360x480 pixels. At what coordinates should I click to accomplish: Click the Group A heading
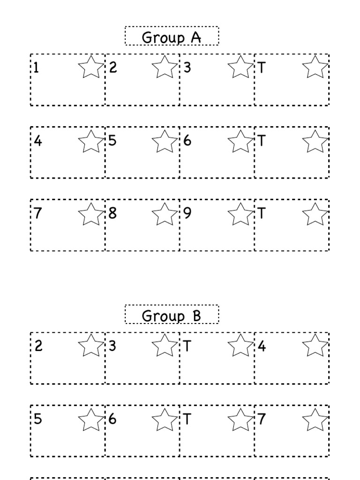172,37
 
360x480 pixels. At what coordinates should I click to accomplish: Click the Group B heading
172,315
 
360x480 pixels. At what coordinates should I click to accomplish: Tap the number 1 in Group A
36,68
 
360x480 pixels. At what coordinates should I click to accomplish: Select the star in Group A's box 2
165,67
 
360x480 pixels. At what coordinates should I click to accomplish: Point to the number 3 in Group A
187,68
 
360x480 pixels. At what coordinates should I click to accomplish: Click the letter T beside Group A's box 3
262,68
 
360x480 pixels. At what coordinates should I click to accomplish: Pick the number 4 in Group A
38,141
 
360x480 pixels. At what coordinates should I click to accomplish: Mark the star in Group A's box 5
165,141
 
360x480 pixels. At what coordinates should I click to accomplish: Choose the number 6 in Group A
187,141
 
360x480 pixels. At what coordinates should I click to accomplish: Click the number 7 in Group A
38,213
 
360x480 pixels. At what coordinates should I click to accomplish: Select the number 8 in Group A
112,213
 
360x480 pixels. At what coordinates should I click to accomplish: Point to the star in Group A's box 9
240,213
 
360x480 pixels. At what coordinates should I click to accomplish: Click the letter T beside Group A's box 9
262,213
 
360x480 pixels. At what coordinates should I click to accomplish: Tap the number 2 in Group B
38,346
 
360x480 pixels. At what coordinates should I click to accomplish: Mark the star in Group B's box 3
165,345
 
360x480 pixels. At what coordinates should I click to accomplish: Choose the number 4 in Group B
262,346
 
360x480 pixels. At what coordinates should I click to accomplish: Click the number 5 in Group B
38,419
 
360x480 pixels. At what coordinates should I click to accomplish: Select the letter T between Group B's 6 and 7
187,419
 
